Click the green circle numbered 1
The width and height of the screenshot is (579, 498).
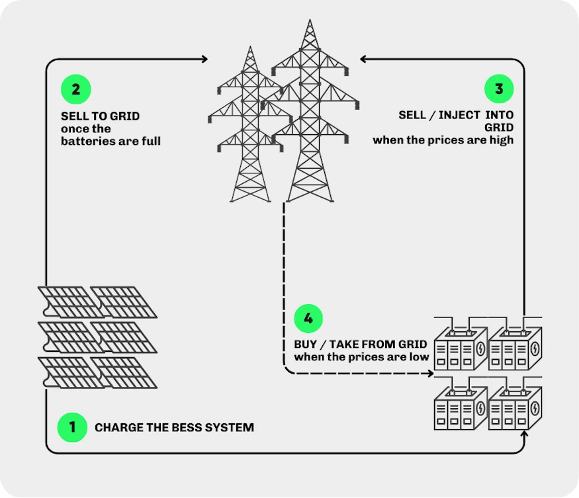coord(73,427)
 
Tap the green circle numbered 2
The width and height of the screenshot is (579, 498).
coord(75,89)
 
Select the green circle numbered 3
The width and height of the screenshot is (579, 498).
coord(499,89)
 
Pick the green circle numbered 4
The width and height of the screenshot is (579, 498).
coord(308,318)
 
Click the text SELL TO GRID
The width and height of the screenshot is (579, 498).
coord(100,116)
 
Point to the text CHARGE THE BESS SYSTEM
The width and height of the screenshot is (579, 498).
coord(174,427)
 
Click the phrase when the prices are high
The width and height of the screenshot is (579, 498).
coord(443,140)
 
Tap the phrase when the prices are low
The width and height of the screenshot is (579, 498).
coord(361,357)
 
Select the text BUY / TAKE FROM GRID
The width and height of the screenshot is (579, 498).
coord(361,345)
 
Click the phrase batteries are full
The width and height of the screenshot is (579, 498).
coord(111,141)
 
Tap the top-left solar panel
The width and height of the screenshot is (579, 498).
coord(64,302)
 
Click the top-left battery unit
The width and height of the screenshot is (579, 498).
coord(459,345)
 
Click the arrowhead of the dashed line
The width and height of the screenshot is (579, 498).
coord(431,374)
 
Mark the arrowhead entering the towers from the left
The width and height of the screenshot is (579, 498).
coord(204,60)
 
